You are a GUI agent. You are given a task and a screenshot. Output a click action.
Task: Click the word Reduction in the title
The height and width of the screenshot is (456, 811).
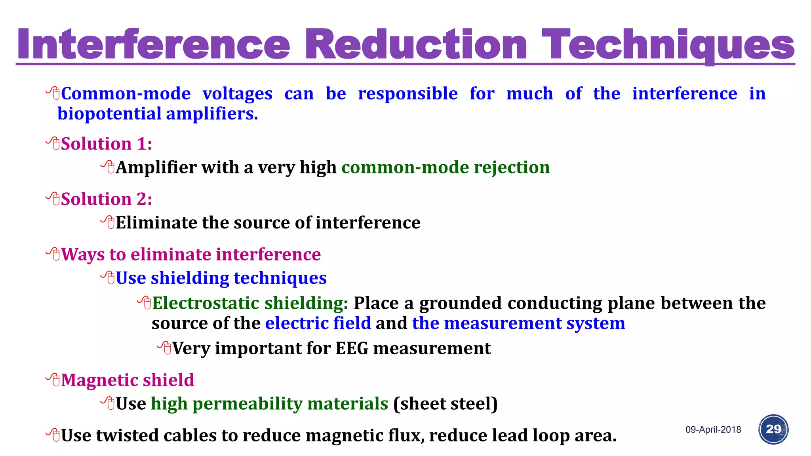click(416, 44)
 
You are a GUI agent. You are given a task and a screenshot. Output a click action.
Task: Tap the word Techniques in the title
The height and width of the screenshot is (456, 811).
click(668, 44)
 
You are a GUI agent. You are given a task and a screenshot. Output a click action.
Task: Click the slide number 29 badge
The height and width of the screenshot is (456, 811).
click(773, 429)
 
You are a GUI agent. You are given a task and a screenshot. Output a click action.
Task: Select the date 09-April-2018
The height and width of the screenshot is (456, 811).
click(713, 429)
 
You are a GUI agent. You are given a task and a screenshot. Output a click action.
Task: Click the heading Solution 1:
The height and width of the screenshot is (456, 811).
click(106, 144)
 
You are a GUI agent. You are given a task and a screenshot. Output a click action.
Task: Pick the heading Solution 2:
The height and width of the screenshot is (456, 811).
click(106, 199)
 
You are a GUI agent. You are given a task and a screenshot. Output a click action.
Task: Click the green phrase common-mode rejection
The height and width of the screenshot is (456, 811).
click(445, 167)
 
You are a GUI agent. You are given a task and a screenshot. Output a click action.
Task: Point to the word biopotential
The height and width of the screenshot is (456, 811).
click(109, 114)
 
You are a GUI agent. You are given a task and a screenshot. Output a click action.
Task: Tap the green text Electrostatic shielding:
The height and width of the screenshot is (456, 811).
click(250, 303)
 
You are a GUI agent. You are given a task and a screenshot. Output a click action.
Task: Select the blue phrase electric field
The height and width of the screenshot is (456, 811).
click(318, 323)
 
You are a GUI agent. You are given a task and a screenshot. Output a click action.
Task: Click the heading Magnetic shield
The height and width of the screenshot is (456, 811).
click(127, 380)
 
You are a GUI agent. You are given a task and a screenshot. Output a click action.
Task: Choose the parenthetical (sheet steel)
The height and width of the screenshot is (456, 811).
click(445, 404)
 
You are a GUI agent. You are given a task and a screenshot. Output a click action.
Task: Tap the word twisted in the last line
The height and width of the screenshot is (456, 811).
click(127, 435)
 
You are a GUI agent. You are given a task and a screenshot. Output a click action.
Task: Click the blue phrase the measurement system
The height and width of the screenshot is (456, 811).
click(518, 323)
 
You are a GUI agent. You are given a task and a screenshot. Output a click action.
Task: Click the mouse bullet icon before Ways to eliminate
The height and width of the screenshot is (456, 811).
click(53, 254)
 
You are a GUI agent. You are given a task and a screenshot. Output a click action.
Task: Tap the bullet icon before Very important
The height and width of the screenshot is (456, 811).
click(164, 348)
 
